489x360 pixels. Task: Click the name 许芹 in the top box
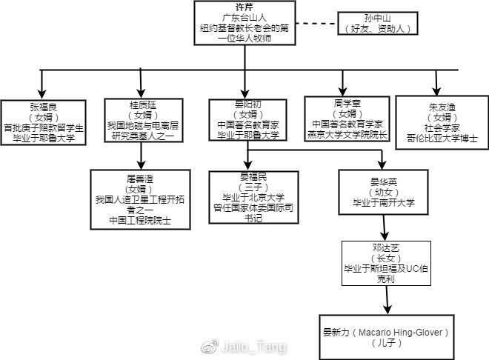[x=244, y=7]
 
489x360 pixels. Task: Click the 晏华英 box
[x=384, y=191]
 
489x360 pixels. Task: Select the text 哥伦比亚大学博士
[x=442, y=138]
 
